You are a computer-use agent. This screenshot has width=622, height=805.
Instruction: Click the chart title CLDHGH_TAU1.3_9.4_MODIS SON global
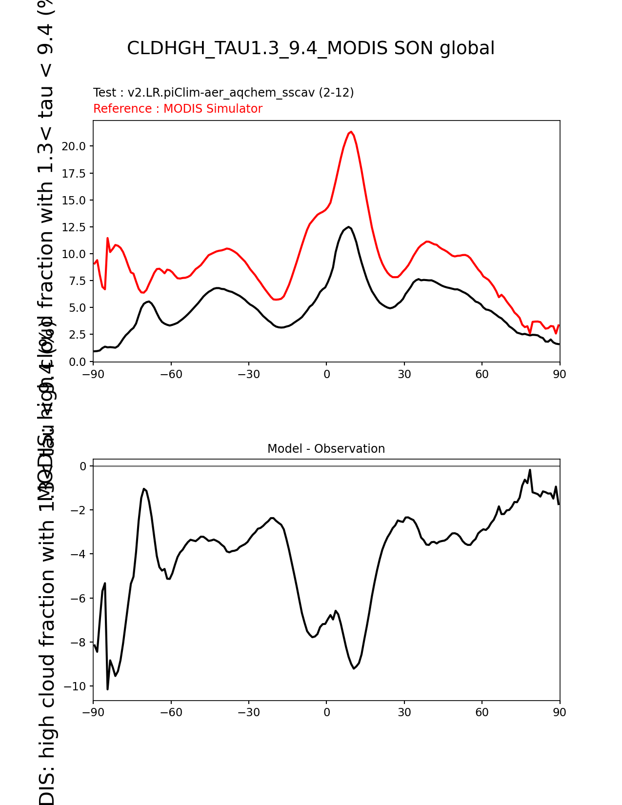point(311,48)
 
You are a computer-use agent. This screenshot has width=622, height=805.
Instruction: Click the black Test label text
point(223,93)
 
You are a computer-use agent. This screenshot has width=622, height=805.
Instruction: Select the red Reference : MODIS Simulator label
point(178,109)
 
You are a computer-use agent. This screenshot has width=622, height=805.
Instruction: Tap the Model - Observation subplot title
point(326,449)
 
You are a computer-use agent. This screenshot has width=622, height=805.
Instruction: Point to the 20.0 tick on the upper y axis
point(74,146)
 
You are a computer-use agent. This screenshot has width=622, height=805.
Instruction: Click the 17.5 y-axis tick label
point(74,174)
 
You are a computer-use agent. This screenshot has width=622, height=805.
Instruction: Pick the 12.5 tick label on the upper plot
point(74,227)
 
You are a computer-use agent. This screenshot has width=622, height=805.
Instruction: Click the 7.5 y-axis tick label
point(77,281)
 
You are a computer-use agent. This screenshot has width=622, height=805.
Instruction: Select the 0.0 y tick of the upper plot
point(77,362)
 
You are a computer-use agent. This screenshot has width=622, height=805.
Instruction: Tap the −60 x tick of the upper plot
point(171,374)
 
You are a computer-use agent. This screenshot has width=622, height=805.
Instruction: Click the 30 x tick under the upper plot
point(404,374)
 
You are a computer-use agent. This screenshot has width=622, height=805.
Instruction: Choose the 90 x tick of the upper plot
point(560,374)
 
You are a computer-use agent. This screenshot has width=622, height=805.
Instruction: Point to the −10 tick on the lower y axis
point(75,686)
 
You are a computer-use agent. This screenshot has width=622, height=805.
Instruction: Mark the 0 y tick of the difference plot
point(83,466)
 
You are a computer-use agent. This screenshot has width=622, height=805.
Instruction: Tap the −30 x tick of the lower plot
point(248,712)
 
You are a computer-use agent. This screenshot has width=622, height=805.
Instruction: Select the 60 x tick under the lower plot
point(482,712)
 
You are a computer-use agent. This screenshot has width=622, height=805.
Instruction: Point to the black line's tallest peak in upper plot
point(349,227)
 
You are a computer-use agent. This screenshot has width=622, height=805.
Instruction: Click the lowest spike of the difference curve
point(107,689)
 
